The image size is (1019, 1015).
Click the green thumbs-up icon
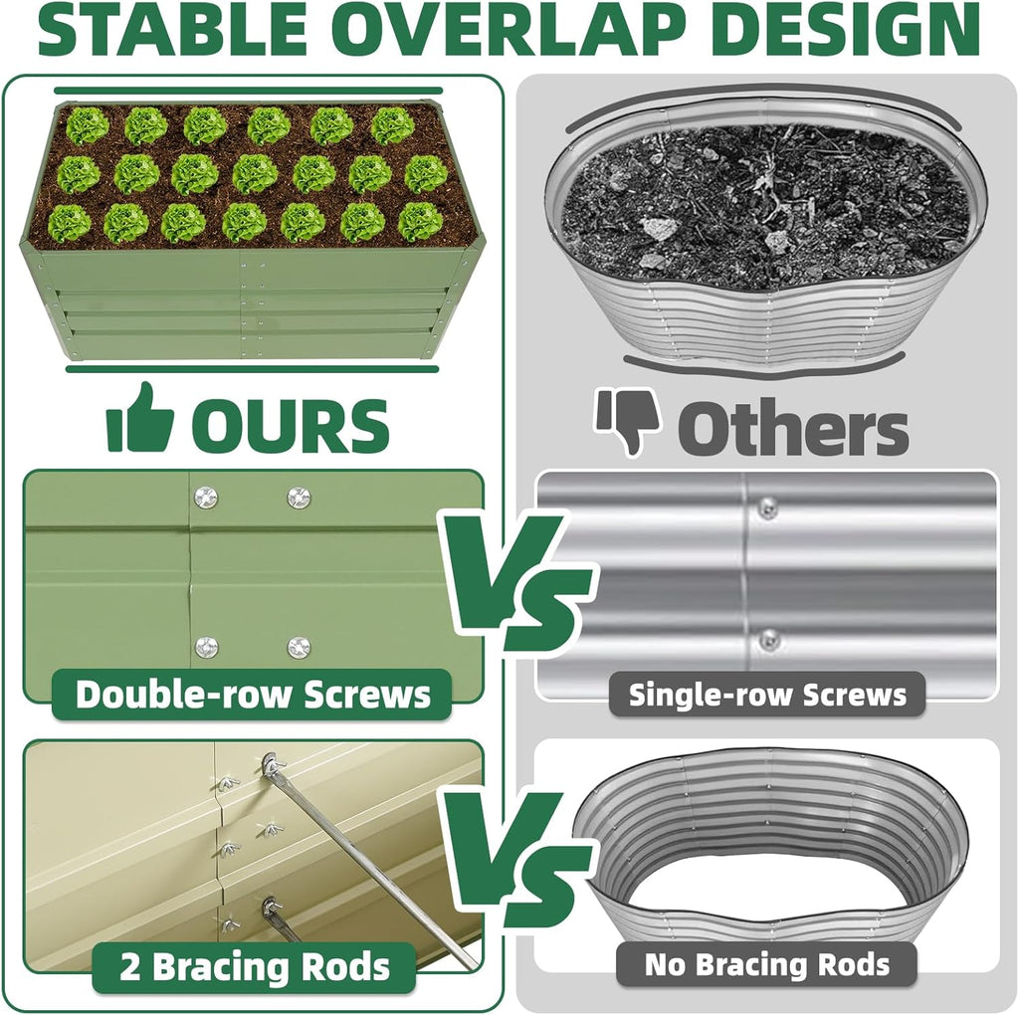(x=140, y=418)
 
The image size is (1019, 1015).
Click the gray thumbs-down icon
(x=628, y=422)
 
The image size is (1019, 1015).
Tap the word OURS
(x=290, y=425)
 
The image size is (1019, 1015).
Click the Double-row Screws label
(x=253, y=694)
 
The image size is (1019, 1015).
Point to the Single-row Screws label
(x=767, y=695)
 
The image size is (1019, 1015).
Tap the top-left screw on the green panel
(x=206, y=497)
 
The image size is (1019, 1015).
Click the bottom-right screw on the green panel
(x=299, y=647)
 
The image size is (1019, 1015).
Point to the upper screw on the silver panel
(x=767, y=508)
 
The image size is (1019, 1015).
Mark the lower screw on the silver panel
(x=767, y=638)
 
